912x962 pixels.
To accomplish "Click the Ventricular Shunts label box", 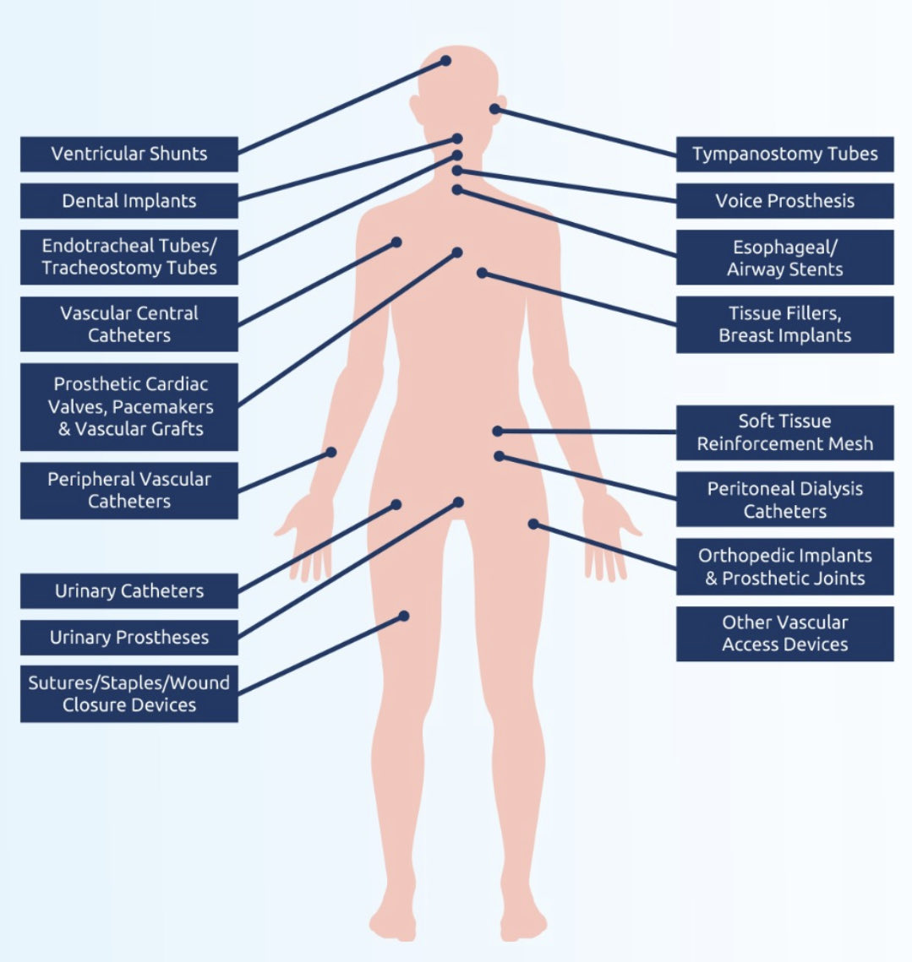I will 128,154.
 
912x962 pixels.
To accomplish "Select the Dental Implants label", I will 128,201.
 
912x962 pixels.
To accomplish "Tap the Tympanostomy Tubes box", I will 784,154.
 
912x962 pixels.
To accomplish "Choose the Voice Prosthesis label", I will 784,201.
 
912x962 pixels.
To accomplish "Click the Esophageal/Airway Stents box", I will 784,258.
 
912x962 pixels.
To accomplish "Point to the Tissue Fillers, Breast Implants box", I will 784,324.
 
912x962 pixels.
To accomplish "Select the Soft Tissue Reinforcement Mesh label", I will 784,432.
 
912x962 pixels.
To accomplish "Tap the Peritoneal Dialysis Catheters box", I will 784,499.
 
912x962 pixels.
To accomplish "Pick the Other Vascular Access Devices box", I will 784,633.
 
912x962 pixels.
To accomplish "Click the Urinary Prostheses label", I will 128,638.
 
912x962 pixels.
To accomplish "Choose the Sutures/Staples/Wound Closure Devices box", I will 128,693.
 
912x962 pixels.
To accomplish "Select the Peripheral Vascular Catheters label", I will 128,490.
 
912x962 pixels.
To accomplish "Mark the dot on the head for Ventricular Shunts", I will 445,61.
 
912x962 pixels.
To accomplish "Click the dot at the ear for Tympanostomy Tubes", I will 494,109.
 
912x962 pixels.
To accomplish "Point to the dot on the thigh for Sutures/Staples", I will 404,616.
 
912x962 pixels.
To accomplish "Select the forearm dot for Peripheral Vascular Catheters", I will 331,453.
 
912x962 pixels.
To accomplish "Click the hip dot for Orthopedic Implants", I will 533,524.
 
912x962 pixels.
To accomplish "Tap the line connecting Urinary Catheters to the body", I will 317,547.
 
